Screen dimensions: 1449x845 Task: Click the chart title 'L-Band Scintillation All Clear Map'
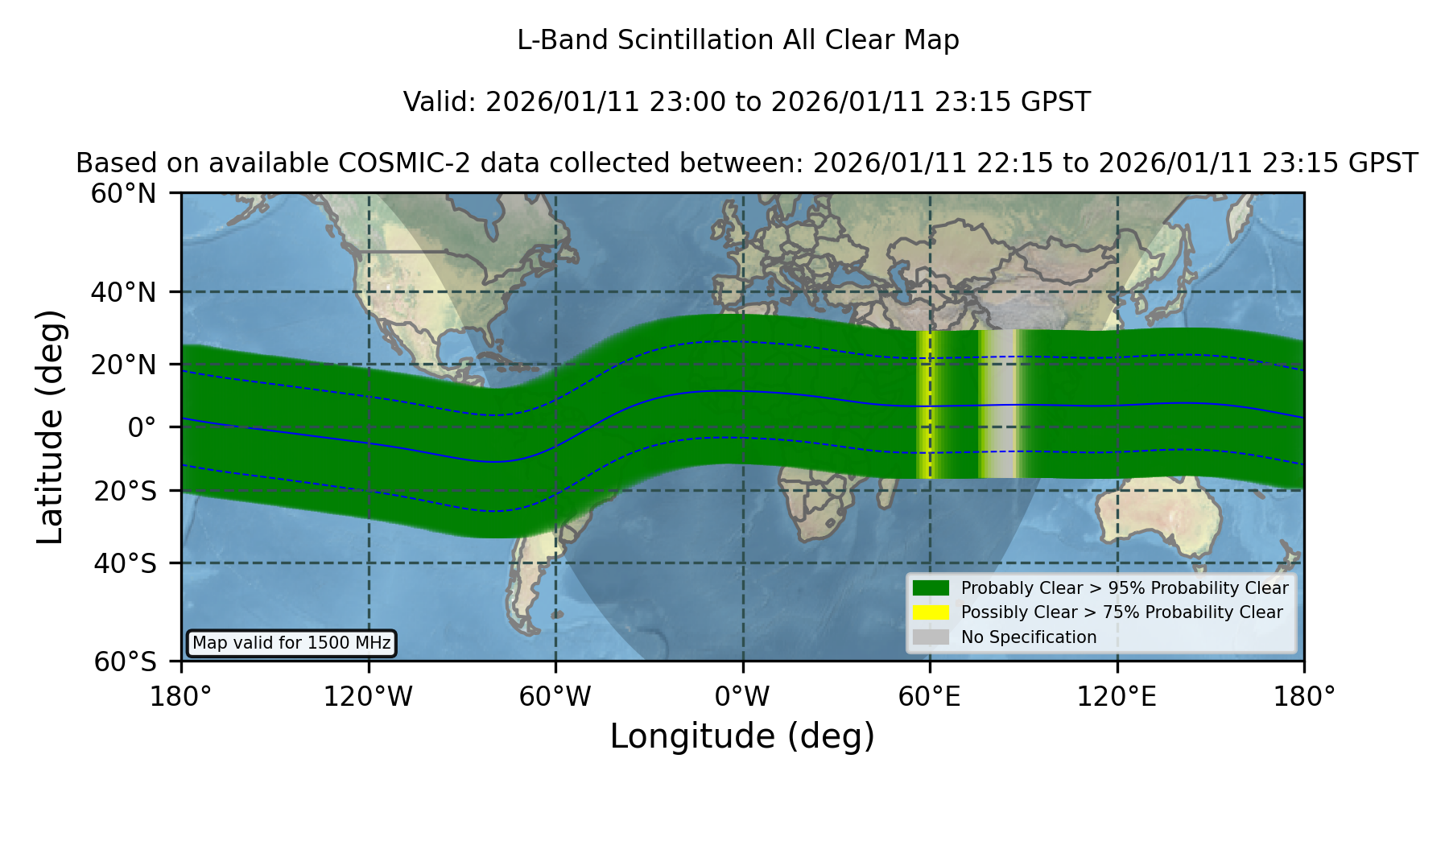tap(737, 40)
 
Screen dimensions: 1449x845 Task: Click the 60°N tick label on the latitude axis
tap(123, 194)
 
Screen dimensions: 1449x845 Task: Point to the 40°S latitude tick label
tap(125, 563)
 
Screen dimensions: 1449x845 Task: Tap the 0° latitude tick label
tap(142, 427)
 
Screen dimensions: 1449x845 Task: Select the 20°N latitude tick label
tap(123, 365)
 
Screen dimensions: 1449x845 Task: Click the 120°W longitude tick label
tap(368, 697)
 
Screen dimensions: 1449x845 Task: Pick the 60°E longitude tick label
tap(930, 697)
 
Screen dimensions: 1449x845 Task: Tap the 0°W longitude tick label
tap(742, 697)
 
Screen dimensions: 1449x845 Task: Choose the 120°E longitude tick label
tap(1117, 697)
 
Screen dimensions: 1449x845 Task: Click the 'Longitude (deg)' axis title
tap(742, 736)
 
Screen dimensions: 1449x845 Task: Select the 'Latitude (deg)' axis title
tap(51, 427)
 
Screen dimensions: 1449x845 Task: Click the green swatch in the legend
tap(931, 588)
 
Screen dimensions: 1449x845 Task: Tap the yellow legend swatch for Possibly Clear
tap(931, 612)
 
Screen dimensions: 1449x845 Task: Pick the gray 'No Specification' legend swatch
tap(931, 637)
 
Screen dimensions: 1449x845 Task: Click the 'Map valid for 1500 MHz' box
tap(291, 643)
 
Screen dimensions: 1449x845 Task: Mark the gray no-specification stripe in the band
tap(1001, 404)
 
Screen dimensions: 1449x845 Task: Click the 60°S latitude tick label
tap(125, 662)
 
